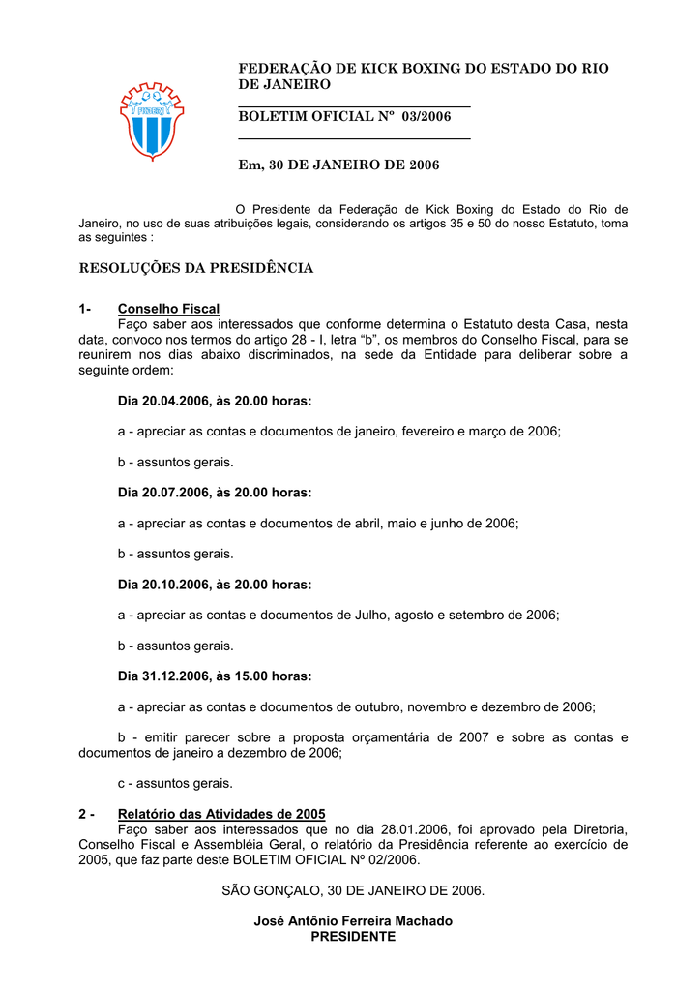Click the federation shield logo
click(152, 120)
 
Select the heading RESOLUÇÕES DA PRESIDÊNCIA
click(195, 268)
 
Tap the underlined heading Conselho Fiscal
click(168, 309)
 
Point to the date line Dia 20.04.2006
click(215, 401)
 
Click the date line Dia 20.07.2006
click(215, 493)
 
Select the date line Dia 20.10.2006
click(215, 585)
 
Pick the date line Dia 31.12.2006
click(215, 676)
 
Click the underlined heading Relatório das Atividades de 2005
click(221, 814)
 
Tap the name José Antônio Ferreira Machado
click(353, 921)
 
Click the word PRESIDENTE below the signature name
click(353, 937)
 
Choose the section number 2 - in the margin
click(86, 814)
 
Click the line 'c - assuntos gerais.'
click(175, 783)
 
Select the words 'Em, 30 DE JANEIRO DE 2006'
click(338, 165)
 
